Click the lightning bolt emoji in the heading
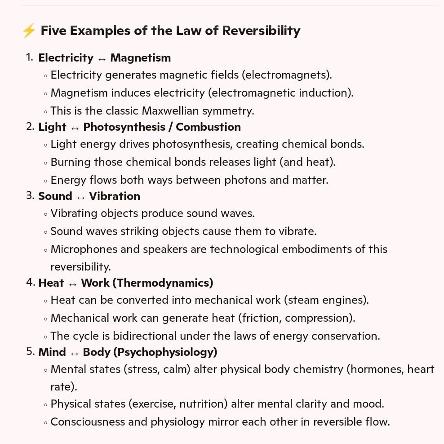29,31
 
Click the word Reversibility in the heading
261,31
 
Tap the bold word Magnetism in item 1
140,58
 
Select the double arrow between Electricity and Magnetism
102,58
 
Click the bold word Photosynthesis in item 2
124,127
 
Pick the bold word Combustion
208,127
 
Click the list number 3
30,195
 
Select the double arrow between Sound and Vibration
81,197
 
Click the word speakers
165,249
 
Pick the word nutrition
202,404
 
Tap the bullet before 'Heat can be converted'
45,301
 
